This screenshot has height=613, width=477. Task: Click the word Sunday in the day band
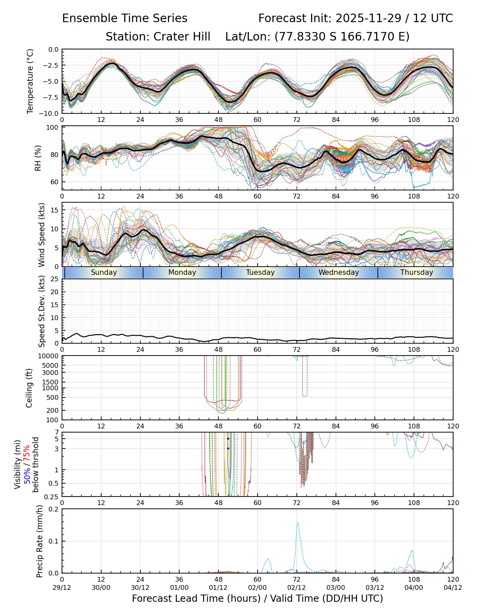coord(104,272)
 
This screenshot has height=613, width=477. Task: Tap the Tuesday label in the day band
coord(260,272)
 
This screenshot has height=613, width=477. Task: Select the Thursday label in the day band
coord(416,272)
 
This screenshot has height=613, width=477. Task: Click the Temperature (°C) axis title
coord(30,81)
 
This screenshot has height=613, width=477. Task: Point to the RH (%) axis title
coord(37,158)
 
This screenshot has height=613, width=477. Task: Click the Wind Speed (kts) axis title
coord(42,235)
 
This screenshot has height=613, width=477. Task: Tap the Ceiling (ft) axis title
coord(29,388)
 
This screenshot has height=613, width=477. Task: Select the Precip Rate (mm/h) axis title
coord(40,541)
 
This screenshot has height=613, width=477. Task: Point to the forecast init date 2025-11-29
coord(368,18)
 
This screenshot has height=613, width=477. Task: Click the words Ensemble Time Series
coord(125,18)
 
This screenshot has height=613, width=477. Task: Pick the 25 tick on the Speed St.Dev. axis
coord(54,279)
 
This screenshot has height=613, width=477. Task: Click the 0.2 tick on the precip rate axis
coord(54,509)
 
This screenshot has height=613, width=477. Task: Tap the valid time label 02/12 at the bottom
coord(296,587)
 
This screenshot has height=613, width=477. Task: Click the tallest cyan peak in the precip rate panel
coord(297,522)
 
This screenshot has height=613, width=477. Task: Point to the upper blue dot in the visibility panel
coord(228,439)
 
